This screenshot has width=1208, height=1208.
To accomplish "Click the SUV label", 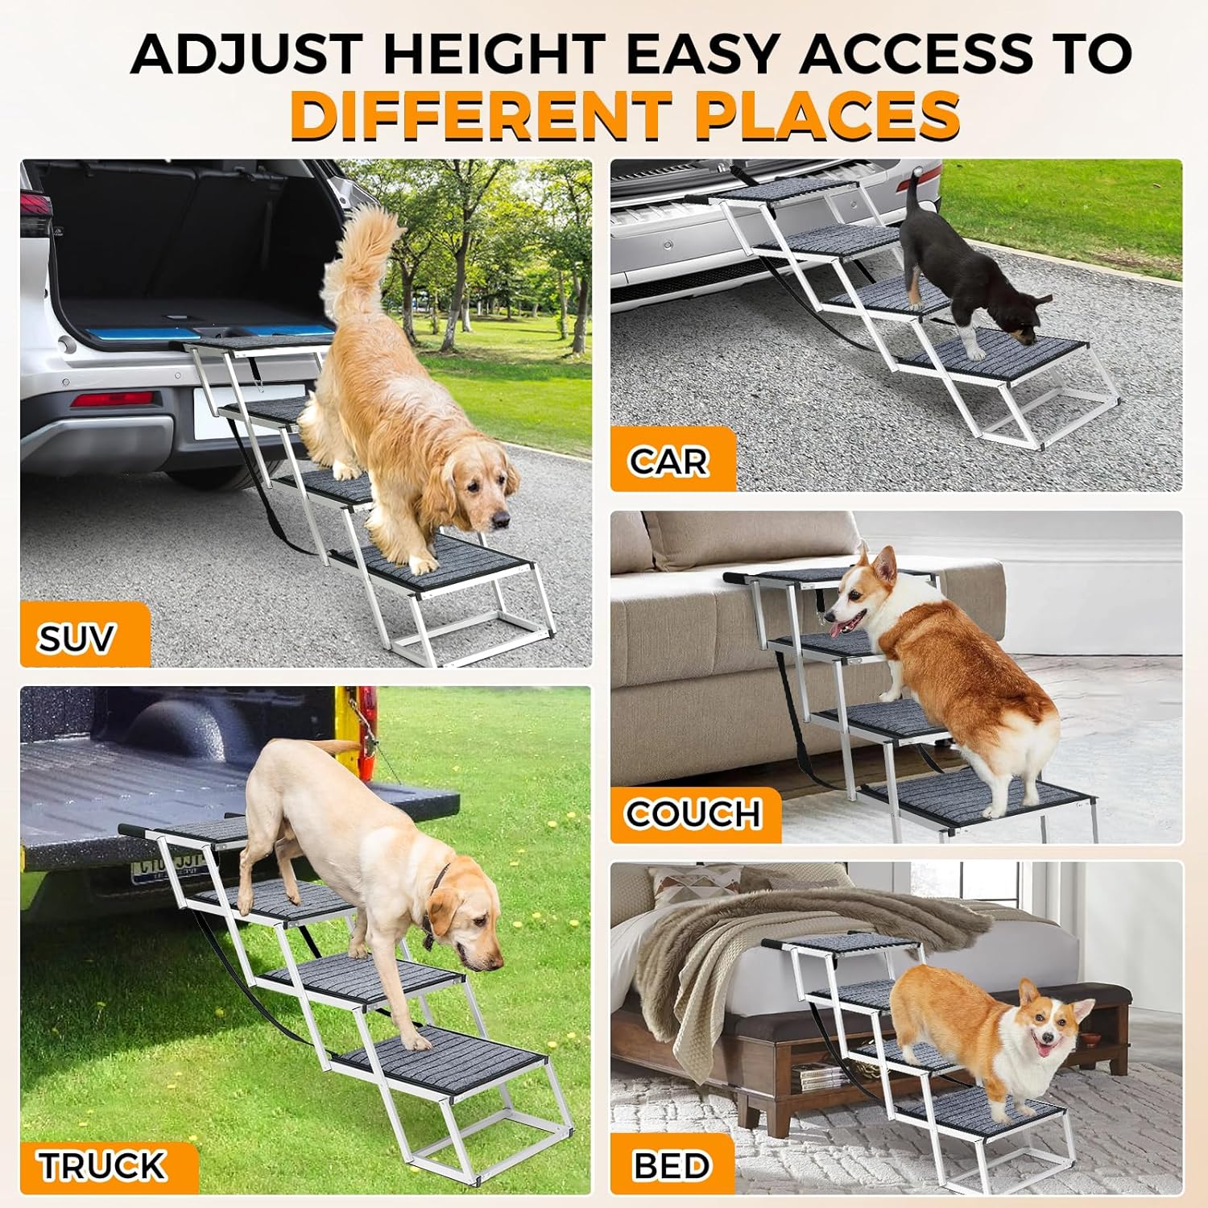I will [x=77, y=639].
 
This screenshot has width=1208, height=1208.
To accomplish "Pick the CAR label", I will [x=668, y=461].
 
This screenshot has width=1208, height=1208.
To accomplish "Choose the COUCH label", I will [x=693, y=814].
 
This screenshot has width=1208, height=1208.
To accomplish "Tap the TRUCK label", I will [x=102, y=1166].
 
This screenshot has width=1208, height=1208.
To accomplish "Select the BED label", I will [x=672, y=1166].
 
